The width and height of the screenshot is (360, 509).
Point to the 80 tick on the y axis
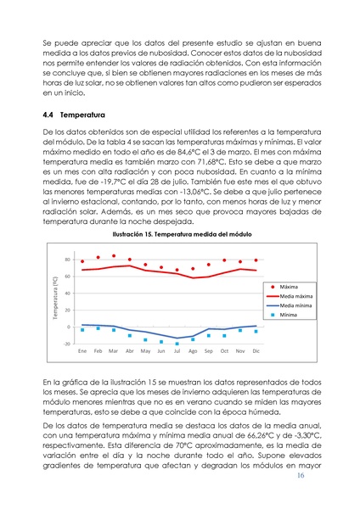67,260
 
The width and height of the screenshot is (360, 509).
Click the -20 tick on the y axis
66,344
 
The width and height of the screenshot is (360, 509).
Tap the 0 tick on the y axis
69,327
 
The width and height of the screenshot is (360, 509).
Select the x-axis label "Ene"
82,350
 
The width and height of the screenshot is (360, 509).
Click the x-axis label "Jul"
177,350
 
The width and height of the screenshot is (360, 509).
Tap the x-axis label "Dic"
256,350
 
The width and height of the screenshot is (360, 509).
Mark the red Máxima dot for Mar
114,255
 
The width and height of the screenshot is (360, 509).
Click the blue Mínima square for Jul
177,344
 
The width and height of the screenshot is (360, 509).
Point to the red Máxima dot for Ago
193,268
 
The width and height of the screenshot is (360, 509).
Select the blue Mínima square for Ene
82,329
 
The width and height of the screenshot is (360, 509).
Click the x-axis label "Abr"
129,350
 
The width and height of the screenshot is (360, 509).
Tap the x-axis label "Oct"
224,350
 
